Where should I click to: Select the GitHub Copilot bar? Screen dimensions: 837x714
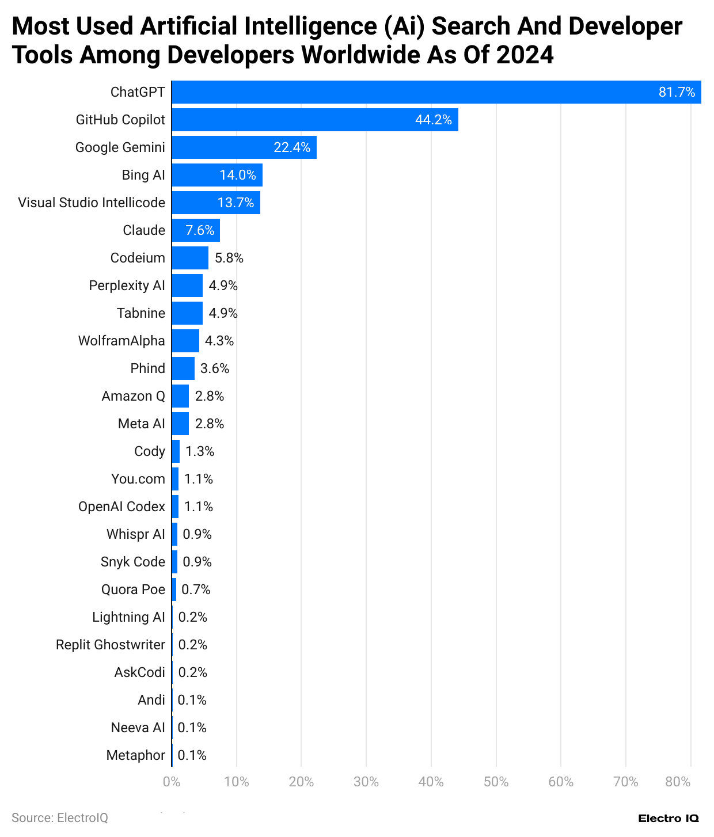point(314,120)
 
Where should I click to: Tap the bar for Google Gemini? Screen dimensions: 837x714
point(244,147)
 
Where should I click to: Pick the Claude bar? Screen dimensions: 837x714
point(196,230)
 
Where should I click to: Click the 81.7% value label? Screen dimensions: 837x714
point(677,92)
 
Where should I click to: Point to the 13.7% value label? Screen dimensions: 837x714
point(236,203)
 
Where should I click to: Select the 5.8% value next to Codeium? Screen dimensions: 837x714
point(229,258)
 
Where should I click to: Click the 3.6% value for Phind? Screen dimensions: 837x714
point(215,368)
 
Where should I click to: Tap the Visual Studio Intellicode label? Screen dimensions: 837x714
point(92,203)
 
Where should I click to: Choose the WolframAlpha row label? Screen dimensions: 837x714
point(121,341)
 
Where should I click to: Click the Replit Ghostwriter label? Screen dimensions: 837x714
point(111,645)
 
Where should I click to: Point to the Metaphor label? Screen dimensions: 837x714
point(136,755)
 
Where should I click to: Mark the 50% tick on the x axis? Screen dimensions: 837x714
point(496,782)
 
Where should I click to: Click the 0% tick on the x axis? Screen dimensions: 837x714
point(172,782)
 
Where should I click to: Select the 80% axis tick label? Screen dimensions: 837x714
point(678,782)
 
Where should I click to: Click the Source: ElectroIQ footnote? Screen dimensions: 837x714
point(60,818)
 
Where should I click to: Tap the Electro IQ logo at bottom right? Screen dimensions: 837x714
point(669,818)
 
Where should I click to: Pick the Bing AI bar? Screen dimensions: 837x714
point(217,175)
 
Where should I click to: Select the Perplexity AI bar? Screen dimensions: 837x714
point(187,286)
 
